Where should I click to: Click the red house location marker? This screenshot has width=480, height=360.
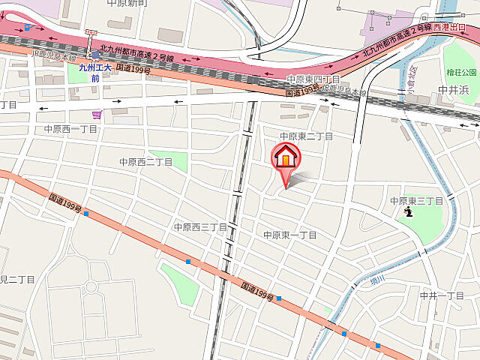[x=285, y=157]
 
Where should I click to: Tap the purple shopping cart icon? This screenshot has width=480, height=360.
[x=97, y=115]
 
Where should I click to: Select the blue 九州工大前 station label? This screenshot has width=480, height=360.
[x=95, y=72]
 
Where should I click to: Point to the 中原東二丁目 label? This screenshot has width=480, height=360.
[x=306, y=136]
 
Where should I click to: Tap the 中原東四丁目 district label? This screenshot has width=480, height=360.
[x=313, y=79]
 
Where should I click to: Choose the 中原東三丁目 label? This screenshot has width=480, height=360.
[x=417, y=201]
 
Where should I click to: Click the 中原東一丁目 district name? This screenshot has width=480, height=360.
[x=290, y=235]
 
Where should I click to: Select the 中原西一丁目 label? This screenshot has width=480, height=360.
[x=70, y=129]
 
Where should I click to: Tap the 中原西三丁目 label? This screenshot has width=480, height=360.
[x=200, y=226]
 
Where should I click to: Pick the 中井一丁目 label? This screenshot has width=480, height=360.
[x=442, y=295]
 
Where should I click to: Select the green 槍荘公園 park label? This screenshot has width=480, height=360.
[x=460, y=72]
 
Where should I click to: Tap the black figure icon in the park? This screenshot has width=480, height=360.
[x=409, y=213]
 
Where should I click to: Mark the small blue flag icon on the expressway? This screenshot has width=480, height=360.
[x=28, y=27]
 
